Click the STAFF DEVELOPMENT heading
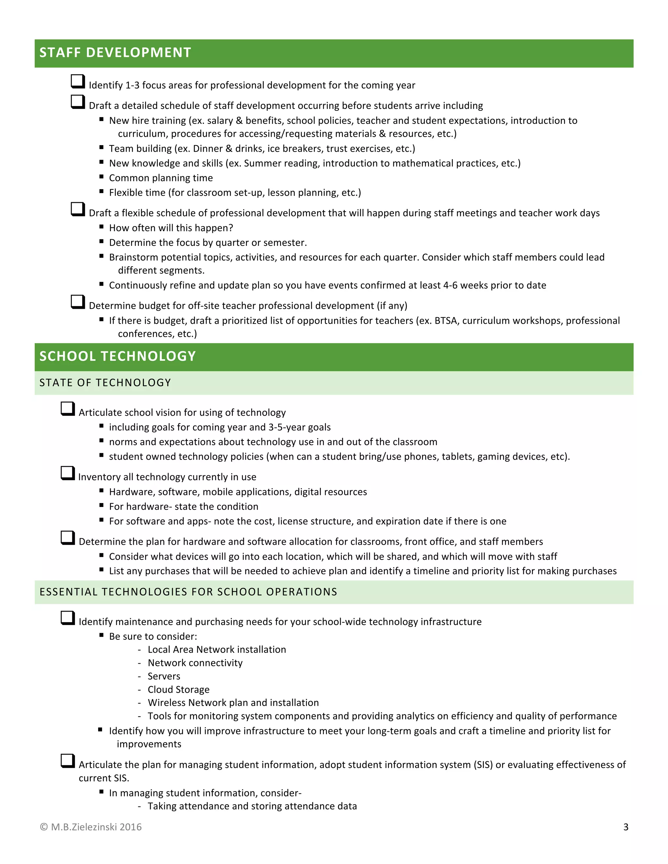pyautogui.click(x=115, y=52)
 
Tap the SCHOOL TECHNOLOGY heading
pyautogui.click(x=117, y=356)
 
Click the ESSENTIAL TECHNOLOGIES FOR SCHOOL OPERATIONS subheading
pyautogui.click(x=189, y=592)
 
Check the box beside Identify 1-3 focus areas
pyautogui.click(x=78, y=81)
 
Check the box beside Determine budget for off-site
pyautogui.click(x=78, y=302)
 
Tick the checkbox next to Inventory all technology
pyautogui.click(x=68, y=473)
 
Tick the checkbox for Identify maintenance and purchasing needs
pyautogui.click(x=68, y=618)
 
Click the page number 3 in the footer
pyautogui.click(x=626, y=827)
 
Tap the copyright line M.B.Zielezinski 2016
pyautogui.click(x=91, y=827)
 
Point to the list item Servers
pyautogui.click(x=164, y=676)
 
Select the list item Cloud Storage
pyautogui.click(x=178, y=690)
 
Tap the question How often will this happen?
pyautogui.click(x=171, y=228)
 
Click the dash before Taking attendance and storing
pyautogui.click(x=139, y=806)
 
